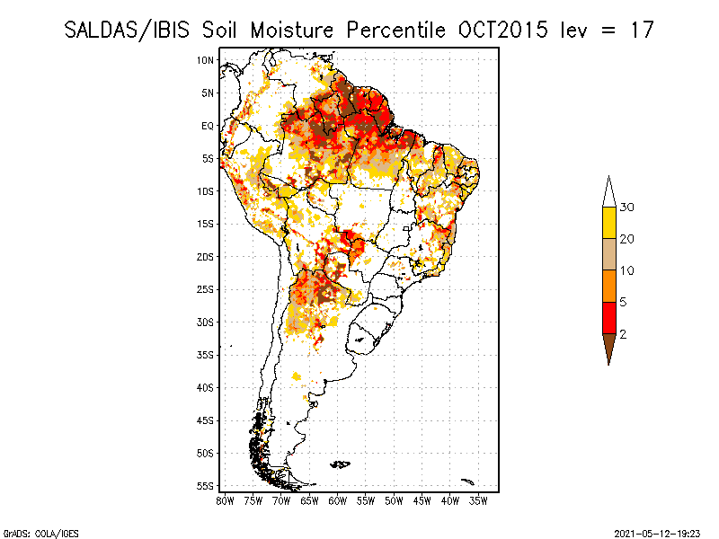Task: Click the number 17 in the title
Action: point(641,30)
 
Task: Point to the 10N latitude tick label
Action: point(206,60)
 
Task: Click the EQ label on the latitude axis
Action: point(207,126)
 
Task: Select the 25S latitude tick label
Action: point(206,289)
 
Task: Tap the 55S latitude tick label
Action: point(206,486)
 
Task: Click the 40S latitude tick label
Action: point(206,387)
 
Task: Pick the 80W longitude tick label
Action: point(225,500)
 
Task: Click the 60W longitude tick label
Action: point(337,500)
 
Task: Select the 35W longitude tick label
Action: point(478,500)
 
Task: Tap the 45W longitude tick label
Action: point(422,500)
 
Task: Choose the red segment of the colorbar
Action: point(608,317)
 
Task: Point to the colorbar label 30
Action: point(627,208)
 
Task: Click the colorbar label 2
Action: point(624,333)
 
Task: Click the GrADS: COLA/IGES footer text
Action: point(30,533)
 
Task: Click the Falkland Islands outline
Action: point(340,464)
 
